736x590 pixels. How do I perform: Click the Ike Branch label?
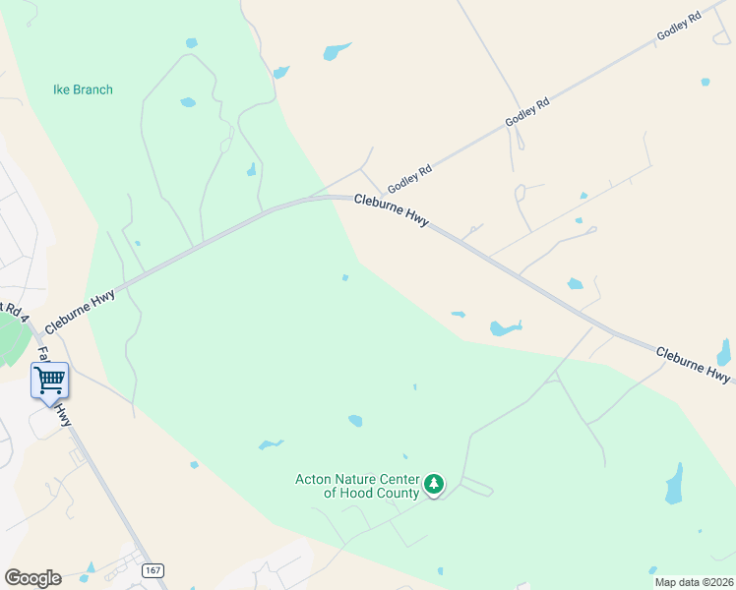83,89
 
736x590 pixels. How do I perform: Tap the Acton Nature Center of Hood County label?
356,486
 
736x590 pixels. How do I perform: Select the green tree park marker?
434,484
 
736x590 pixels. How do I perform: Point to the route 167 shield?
152,570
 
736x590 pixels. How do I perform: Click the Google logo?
32,578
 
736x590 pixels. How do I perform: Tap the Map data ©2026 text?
694,582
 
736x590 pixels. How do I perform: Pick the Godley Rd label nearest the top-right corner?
679,27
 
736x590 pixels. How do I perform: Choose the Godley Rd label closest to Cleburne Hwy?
409,178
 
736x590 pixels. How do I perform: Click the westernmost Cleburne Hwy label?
79,311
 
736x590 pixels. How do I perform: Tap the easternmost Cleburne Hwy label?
693,363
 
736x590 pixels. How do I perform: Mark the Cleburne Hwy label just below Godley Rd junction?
391,210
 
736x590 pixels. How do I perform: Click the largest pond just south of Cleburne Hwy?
505,327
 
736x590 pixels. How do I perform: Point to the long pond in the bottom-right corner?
674,484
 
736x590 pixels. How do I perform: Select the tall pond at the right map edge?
724,352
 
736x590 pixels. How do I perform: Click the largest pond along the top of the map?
337,51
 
